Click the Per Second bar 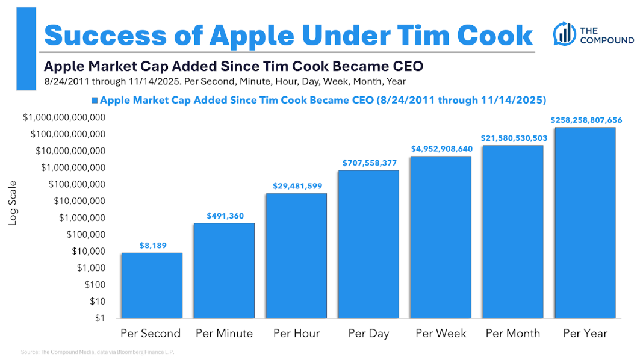pyautogui.click(x=152, y=285)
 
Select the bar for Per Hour pyautogui.click(x=296, y=255)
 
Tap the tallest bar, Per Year pyautogui.click(x=585, y=223)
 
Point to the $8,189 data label pyautogui.click(x=152, y=245)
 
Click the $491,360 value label pyautogui.click(x=225, y=216)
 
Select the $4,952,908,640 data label pyautogui.click(x=441, y=148)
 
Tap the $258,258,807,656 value pyautogui.click(x=586, y=120)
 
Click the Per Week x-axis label pyautogui.click(x=441, y=333)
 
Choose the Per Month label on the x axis pyautogui.click(x=513, y=333)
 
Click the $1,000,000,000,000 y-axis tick pyautogui.click(x=64, y=117)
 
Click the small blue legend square pyautogui.click(x=94, y=100)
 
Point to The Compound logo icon pyautogui.click(x=564, y=34)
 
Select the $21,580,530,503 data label pyautogui.click(x=514, y=138)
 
